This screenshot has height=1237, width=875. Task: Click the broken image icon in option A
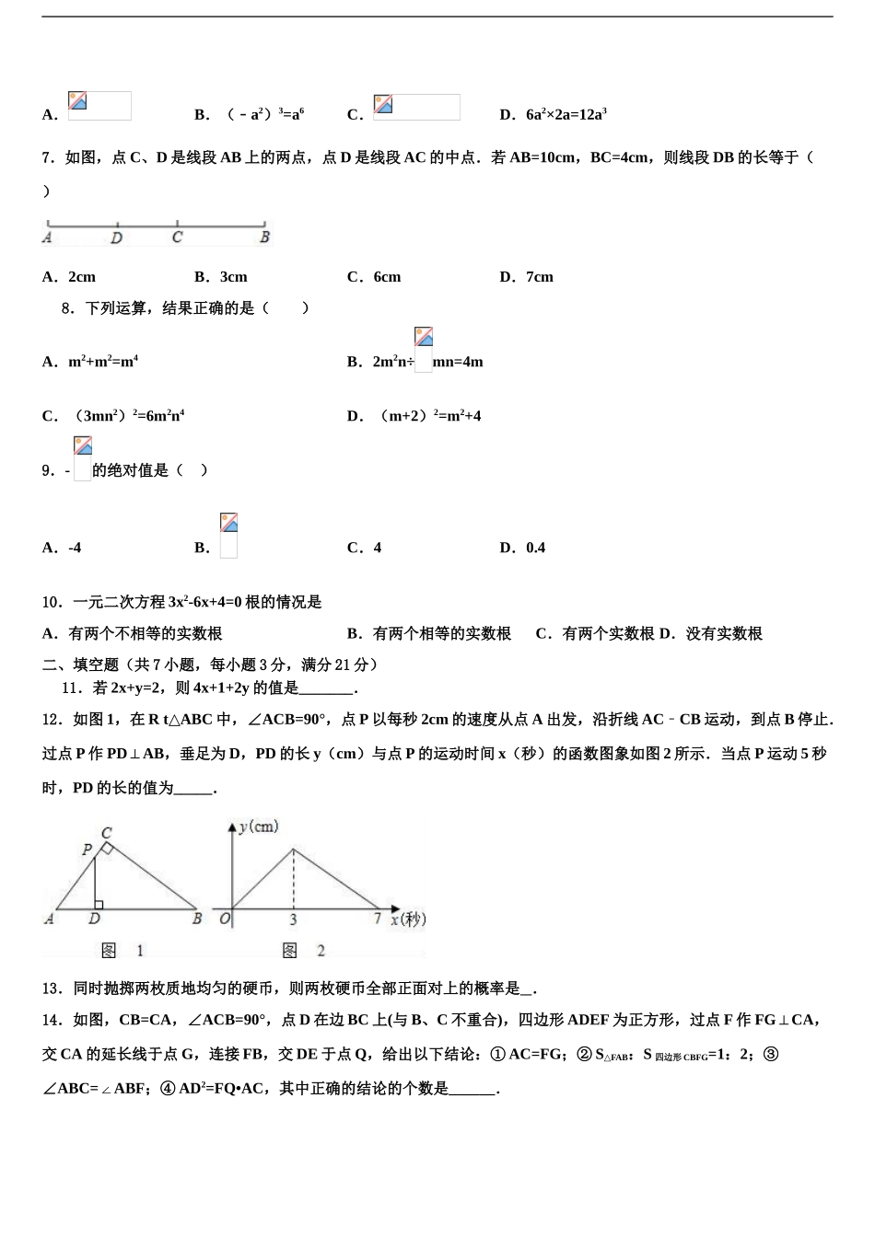78,101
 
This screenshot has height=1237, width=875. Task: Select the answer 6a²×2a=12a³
566,115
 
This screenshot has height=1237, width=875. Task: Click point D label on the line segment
116,237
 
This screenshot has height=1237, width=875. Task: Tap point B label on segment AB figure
264,237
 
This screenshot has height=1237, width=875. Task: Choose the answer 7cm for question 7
539,277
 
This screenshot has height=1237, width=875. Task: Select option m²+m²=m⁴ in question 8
102,362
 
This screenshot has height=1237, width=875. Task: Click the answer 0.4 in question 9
535,548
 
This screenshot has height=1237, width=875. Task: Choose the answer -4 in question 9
75,548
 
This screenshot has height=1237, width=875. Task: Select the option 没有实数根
724,633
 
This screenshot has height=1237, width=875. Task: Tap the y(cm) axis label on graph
259,827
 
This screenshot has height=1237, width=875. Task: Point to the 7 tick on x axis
377,919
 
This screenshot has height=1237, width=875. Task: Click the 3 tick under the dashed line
294,919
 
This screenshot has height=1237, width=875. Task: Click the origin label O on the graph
224,919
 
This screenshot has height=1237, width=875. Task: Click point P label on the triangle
87,850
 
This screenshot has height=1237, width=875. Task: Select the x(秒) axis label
408,919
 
